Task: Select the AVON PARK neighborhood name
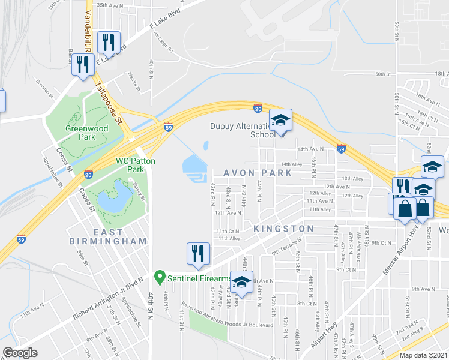(x=258, y=172)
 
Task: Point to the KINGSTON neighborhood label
(x=283, y=229)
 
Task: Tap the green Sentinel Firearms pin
(x=160, y=278)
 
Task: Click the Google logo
(x=20, y=353)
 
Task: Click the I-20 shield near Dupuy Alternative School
(x=257, y=108)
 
